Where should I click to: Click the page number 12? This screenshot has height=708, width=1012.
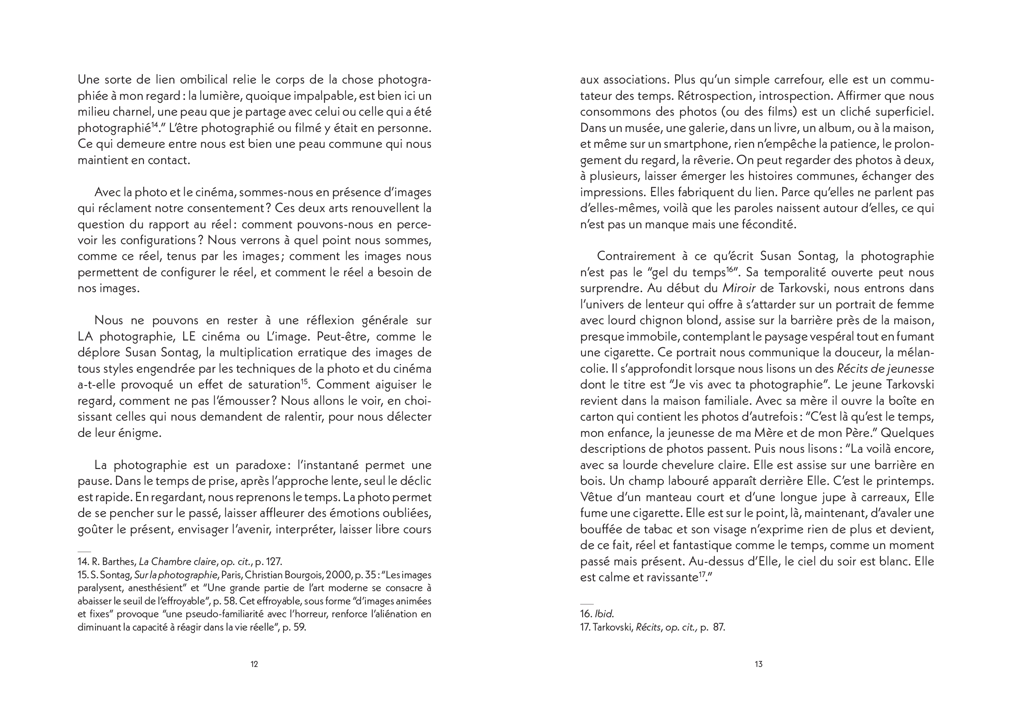pos(254,664)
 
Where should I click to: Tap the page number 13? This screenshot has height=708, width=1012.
pos(758,664)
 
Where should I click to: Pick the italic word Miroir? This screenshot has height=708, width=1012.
pos(739,288)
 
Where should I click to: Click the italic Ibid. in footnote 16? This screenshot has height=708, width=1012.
pos(604,614)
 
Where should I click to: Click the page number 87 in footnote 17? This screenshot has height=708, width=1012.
pos(719,627)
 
